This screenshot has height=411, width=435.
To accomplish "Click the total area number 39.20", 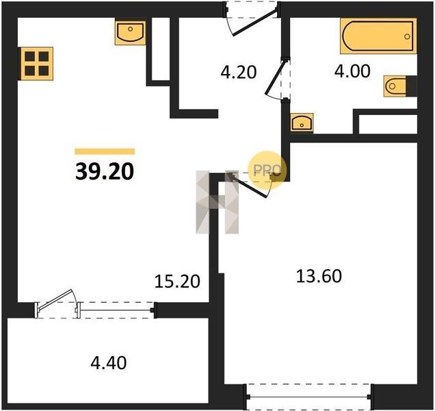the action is tap(105, 171).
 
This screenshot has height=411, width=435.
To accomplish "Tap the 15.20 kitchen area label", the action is tap(177, 282).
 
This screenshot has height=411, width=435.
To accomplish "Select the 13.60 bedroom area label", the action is tap(319, 276).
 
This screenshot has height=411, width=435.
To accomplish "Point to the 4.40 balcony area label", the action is tap(109, 363).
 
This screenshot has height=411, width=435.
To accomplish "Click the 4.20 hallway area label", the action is tap(238, 72).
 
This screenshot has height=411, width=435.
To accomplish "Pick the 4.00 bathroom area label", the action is tap(352, 71).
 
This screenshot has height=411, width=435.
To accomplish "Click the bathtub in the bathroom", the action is tap(378, 36).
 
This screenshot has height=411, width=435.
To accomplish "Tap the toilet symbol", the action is tap(397, 86).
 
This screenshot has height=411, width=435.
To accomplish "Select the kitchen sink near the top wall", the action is tap(130, 32).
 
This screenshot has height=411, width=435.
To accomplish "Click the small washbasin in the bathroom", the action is tap(302, 123).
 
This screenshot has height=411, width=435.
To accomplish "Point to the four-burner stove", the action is tap(36, 64).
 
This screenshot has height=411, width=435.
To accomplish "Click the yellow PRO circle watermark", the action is tap(267, 170).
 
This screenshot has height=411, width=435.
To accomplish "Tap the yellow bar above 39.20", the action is tap(105, 151).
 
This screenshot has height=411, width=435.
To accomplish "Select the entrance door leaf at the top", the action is tap(254, 22).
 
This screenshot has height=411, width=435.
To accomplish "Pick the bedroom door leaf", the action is tap(248, 186).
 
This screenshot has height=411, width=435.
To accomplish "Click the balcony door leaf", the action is tap(55, 300).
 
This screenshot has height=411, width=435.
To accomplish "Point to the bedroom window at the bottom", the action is tap(309, 397).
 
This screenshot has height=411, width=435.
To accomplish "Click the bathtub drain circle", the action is tap(407, 36).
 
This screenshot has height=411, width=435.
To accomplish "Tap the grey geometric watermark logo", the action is tap(217, 202).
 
